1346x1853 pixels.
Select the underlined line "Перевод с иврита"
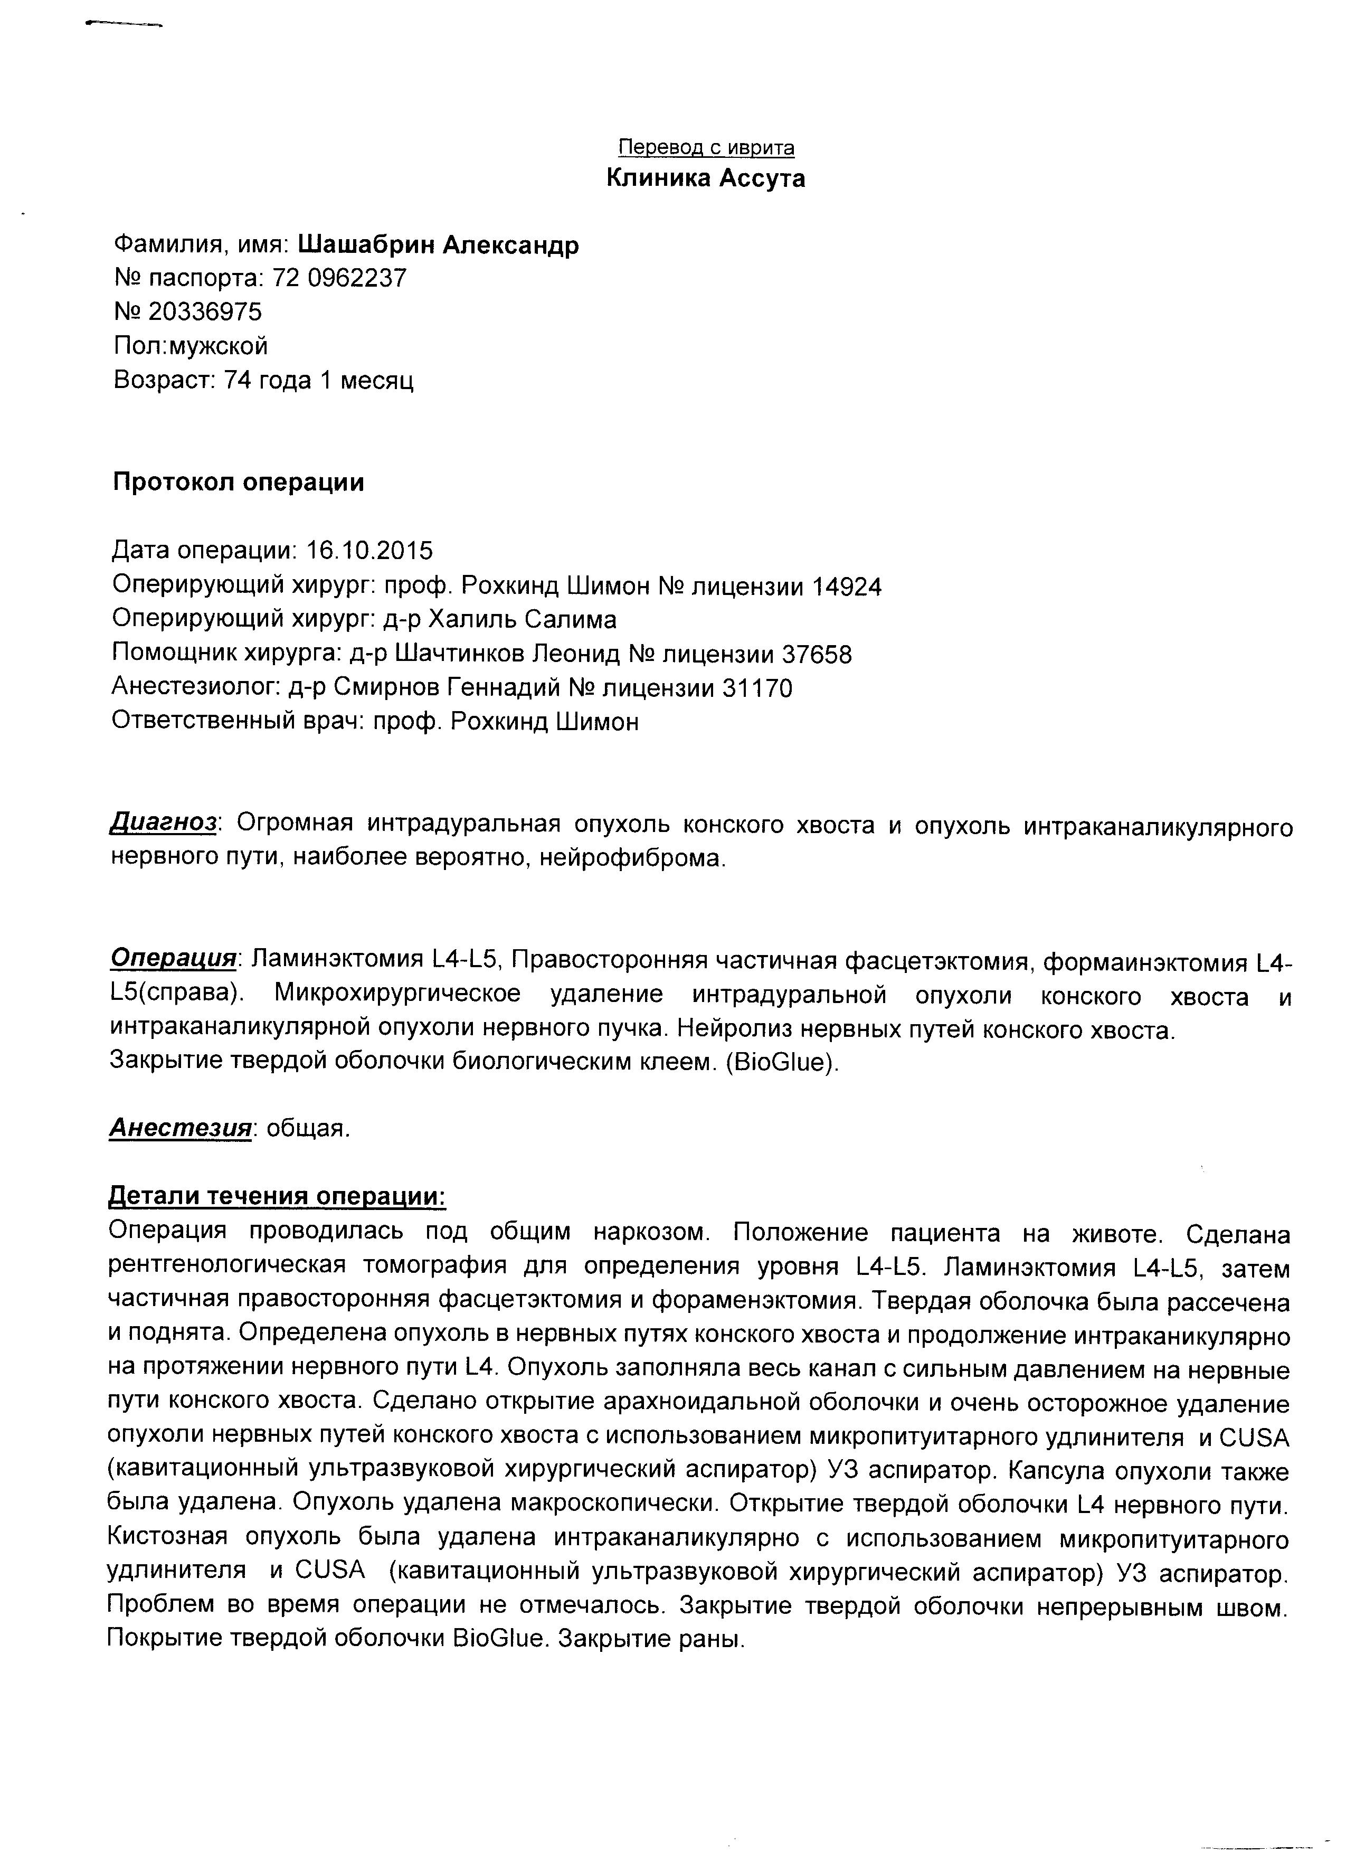click(706, 148)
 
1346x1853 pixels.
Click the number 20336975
click(205, 312)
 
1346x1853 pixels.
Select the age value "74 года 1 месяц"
click(318, 381)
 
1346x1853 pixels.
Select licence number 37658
click(817, 655)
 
